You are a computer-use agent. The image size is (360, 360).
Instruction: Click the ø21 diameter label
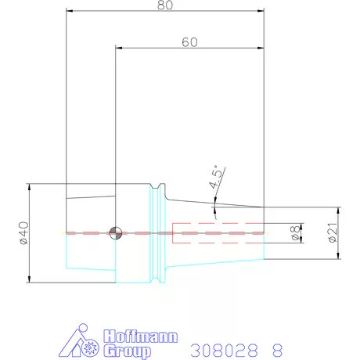pyautogui.click(x=333, y=233)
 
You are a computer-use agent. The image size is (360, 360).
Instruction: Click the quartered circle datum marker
pyautogui.click(x=116, y=232)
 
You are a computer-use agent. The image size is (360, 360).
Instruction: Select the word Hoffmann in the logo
pyautogui.click(x=138, y=336)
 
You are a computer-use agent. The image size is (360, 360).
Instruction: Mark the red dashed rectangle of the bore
pyautogui.click(x=218, y=232)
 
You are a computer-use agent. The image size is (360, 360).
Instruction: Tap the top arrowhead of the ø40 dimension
pyautogui.click(x=30, y=187)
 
